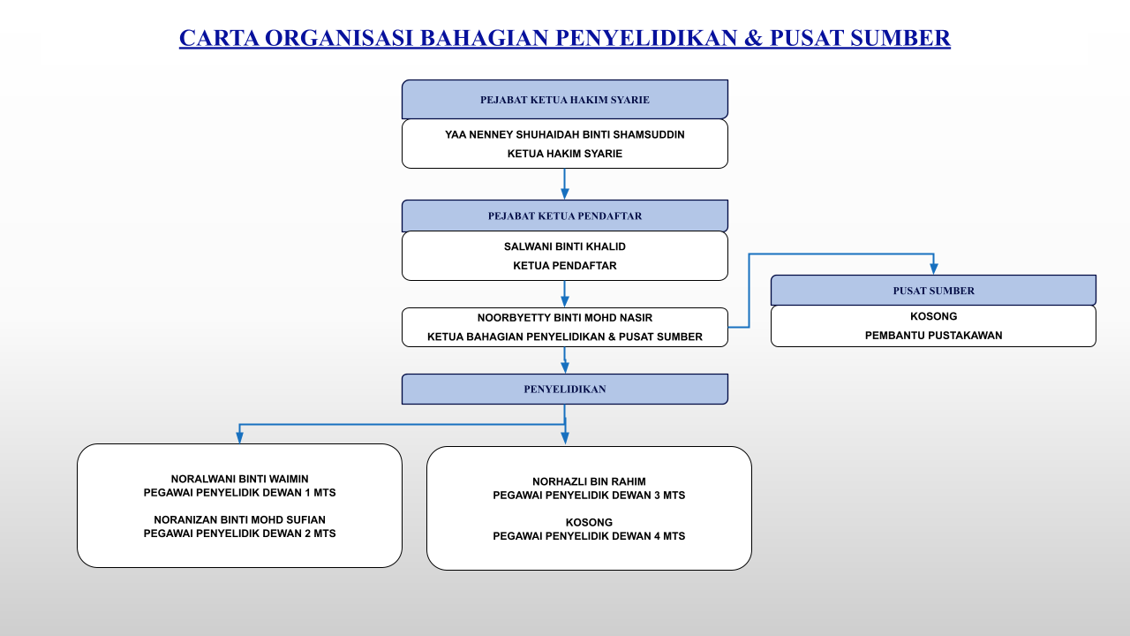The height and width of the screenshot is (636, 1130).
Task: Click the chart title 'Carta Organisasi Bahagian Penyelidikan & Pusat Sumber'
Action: pos(564,38)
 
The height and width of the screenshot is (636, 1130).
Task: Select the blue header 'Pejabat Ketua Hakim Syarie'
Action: pos(564,100)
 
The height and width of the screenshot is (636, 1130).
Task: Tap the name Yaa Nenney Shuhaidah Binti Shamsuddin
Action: pos(564,135)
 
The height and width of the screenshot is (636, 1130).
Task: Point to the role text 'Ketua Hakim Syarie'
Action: pos(564,154)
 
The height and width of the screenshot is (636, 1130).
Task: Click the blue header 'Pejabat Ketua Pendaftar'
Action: pos(564,216)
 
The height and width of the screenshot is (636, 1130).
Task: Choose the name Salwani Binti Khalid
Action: pos(564,246)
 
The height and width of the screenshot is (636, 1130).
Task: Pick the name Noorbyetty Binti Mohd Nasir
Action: pos(564,317)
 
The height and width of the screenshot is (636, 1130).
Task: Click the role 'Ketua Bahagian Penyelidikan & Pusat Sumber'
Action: pos(564,337)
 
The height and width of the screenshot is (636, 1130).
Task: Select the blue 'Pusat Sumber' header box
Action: pos(933,291)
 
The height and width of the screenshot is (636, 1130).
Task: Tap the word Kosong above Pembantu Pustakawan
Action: pos(933,316)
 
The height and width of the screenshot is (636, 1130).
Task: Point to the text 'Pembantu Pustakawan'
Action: pos(933,336)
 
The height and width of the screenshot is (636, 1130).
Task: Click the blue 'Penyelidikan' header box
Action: pos(564,389)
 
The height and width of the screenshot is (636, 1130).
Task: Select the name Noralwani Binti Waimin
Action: pos(239,479)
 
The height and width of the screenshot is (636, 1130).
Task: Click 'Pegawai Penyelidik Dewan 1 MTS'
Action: pos(239,493)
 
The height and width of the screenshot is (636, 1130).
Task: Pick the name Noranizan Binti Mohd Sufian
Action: pos(239,520)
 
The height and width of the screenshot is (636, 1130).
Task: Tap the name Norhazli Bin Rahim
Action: pos(589,481)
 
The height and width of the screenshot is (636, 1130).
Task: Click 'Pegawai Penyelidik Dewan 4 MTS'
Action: pos(589,536)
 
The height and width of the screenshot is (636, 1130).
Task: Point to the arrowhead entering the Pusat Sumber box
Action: pos(933,269)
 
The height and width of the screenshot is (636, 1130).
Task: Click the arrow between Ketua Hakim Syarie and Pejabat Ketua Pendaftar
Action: pos(564,184)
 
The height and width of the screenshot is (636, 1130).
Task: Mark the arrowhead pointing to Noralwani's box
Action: pos(239,437)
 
